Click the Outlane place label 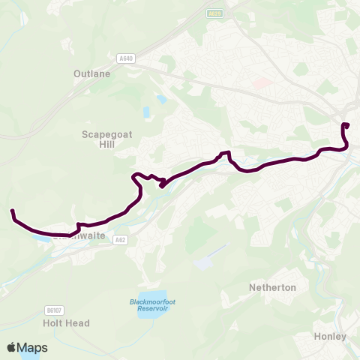[92, 73]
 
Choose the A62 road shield [121, 239]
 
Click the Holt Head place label [67, 323]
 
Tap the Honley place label [331, 336]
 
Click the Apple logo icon [11, 348]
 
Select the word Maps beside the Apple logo [32, 348]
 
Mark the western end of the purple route [12, 211]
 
